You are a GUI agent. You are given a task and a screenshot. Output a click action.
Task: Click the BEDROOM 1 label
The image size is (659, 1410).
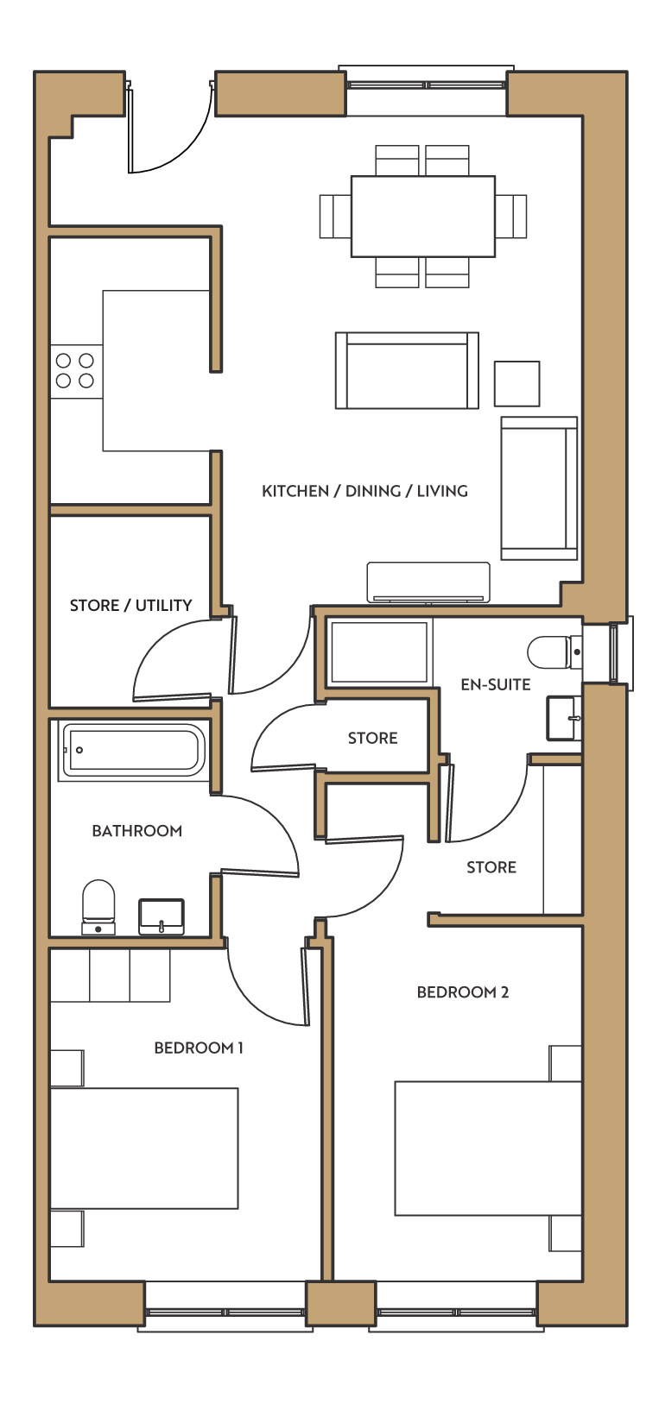199,1048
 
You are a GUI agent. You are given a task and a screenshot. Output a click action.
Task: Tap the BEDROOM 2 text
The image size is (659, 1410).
462,992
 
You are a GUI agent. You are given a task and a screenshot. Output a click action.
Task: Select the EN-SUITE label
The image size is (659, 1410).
495,684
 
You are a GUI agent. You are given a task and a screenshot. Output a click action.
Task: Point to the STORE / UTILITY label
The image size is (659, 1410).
130,605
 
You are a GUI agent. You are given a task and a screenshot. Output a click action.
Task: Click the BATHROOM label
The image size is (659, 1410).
136,831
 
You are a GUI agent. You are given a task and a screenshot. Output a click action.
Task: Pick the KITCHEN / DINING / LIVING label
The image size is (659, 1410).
364,491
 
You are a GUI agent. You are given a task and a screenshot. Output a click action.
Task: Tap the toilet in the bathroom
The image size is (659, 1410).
99,907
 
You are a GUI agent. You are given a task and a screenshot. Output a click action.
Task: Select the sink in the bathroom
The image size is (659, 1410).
162,916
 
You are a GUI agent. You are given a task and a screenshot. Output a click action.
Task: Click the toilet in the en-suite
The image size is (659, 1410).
554,652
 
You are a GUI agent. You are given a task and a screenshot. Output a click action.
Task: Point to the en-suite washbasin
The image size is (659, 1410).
564,718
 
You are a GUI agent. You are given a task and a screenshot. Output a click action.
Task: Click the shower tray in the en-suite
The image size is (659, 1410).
378,652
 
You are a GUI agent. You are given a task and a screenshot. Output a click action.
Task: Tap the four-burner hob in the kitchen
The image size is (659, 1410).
76,371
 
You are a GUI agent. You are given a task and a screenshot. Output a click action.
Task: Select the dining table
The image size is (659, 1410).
422,217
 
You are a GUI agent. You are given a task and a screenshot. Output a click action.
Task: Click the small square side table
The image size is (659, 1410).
516,383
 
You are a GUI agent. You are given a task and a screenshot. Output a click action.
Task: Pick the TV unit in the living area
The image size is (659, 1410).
428,582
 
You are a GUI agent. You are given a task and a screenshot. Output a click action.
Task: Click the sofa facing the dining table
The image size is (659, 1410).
407,371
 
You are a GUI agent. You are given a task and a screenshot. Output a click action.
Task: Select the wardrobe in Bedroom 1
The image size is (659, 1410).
111,975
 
